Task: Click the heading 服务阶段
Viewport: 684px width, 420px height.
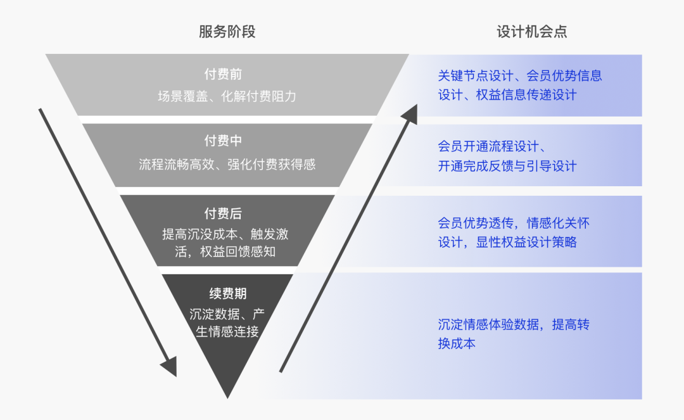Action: [227, 32]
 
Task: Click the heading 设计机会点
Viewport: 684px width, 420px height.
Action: [531, 32]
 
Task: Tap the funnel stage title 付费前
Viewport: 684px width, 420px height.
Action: [222, 75]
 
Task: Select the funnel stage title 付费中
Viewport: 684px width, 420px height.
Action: [222, 141]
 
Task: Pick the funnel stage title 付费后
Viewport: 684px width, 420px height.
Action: [222, 214]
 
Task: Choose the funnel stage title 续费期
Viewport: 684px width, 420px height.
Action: [227, 293]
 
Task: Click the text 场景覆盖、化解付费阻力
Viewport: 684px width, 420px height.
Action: [227, 97]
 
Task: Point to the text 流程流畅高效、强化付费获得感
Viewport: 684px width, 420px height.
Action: [227, 165]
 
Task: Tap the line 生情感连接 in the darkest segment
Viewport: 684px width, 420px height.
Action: [227, 331]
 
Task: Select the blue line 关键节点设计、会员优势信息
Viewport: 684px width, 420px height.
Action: [519, 76]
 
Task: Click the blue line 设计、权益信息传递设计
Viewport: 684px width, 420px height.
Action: [507, 95]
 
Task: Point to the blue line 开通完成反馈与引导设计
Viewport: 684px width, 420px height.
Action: [507, 166]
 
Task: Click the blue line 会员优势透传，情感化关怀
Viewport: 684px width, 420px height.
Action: [513, 223]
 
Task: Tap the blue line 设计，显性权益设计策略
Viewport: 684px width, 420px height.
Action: [507, 243]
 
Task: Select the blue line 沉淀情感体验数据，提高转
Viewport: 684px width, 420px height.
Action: [513, 325]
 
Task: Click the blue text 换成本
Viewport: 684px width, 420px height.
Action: [456, 344]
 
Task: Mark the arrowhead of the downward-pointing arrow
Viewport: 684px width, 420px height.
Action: [169, 367]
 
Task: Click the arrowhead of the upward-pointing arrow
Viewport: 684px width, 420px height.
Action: [410, 114]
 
